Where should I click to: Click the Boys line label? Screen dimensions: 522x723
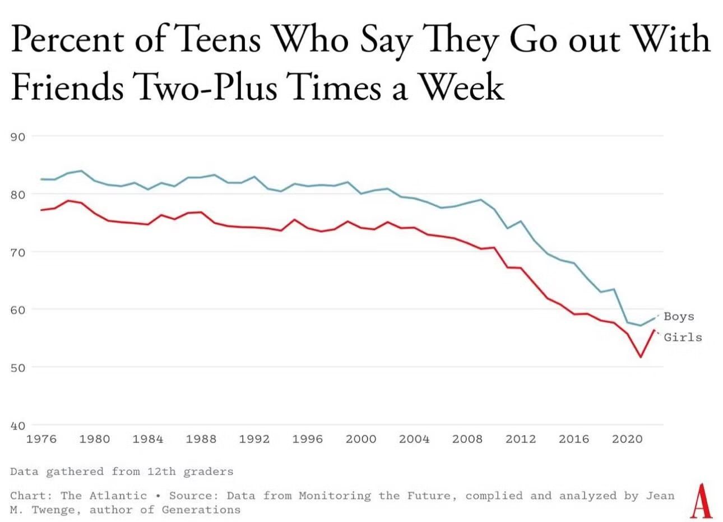pyautogui.click(x=679, y=317)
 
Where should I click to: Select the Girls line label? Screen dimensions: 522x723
pyautogui.click(x=683, y=338)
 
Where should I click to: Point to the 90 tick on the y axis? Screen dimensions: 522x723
pyautogui.click(x=18, y=136)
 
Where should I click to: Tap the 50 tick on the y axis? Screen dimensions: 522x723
pyautogui.click(x=18, y=367)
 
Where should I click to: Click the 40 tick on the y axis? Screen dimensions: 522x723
pyautogui.click(x=18, y=426)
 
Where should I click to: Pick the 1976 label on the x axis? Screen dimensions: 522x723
pyautogui.click(x=41, y=439)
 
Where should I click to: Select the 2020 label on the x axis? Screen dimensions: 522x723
pyautogui.click(x=627, y=439)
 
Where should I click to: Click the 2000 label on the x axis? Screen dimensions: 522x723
pyautogui.click(x=361, y=439)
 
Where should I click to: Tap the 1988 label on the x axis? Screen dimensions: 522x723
pyautogui.click(x=201, y=439)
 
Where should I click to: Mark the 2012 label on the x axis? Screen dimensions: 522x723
pyautogui.click(x=521, y=439)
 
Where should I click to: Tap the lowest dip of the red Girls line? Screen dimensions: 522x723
pyautogui.click(x=641, y=357)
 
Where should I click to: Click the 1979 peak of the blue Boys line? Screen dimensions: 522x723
pyautogui.click(x=81, y=170)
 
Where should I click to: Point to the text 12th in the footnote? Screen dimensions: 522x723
pyautogui.click(x=161, y=472)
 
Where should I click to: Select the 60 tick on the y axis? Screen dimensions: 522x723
pyautogui.click(x=18, y=309)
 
